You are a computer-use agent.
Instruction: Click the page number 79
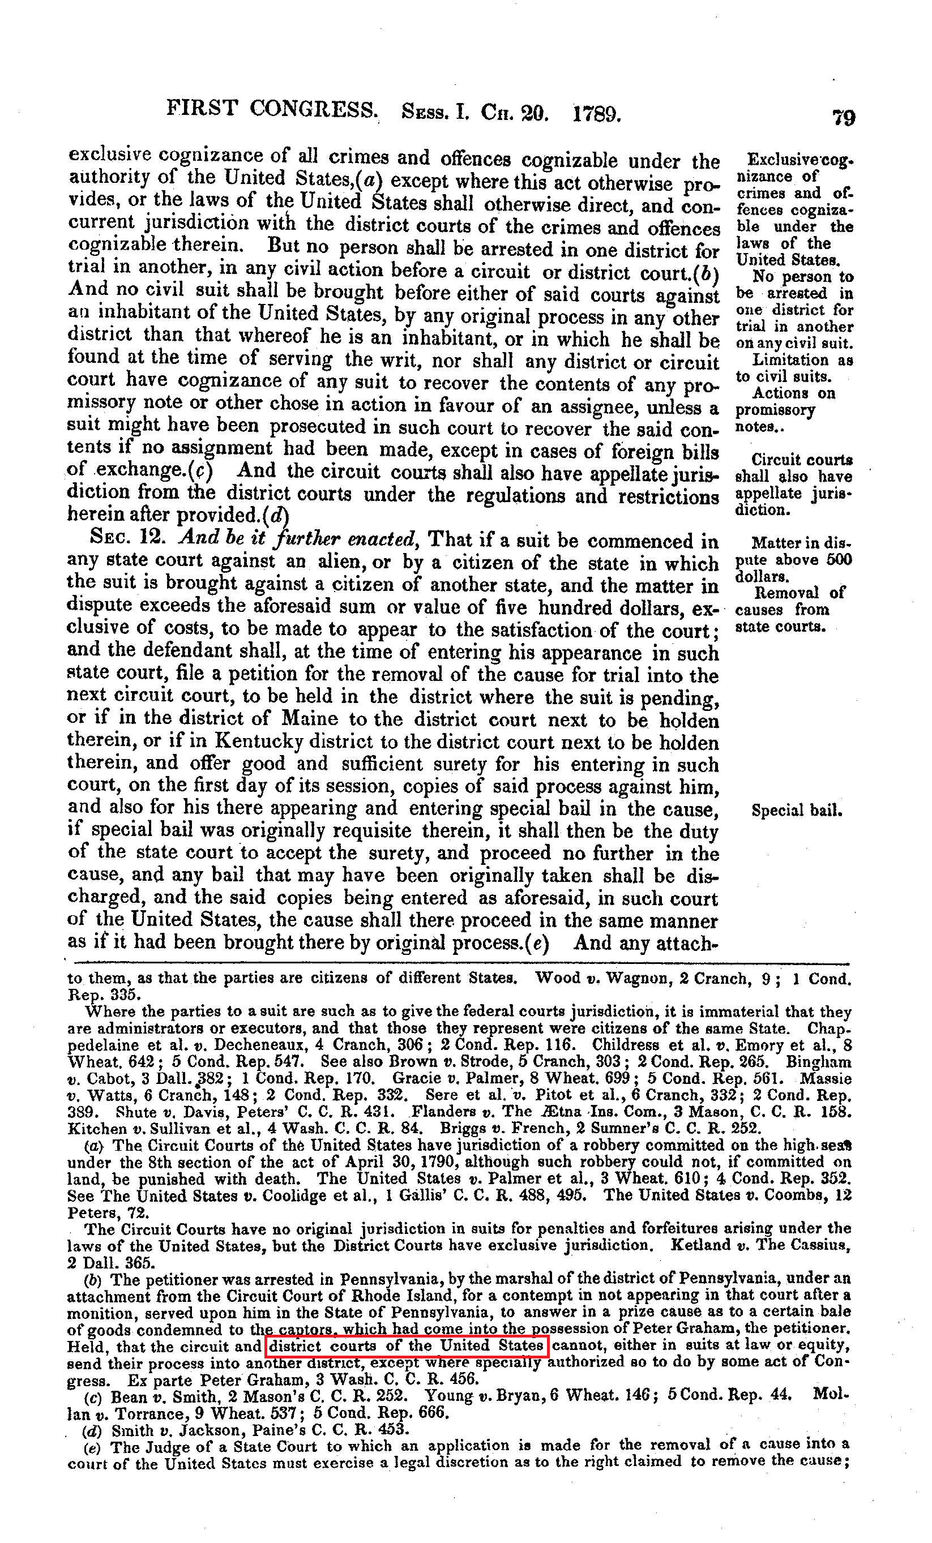pyautogui.click(x=843, y=117)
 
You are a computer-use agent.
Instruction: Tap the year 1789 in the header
pyautogui.click(x=596, y=114)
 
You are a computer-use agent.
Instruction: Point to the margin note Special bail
pyautogui.click(x=796, y=811)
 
